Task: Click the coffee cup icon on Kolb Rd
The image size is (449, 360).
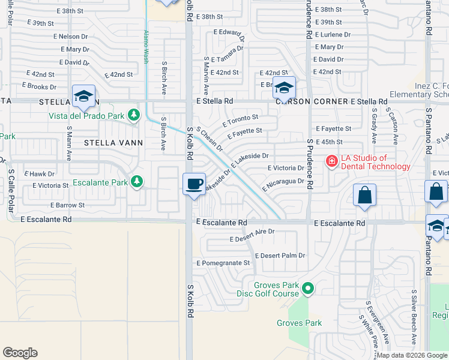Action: pos(194,184)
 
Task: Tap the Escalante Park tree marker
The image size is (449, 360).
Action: pos(137,181)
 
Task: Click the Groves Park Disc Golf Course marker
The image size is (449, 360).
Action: pos(308,289)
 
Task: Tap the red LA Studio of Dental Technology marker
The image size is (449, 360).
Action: pos(331,161)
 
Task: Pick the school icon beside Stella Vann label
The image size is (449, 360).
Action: pos(83,95)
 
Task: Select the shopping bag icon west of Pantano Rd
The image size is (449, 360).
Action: pos(364,195)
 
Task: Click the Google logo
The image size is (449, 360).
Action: pos(20,353)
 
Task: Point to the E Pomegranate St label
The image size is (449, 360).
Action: pos(223,263)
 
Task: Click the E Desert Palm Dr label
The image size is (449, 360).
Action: pos(280,256)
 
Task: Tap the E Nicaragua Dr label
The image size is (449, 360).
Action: pos(283,184)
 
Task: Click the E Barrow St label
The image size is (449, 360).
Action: pos(68,205)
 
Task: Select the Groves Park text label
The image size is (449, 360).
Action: pos(299,323)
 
